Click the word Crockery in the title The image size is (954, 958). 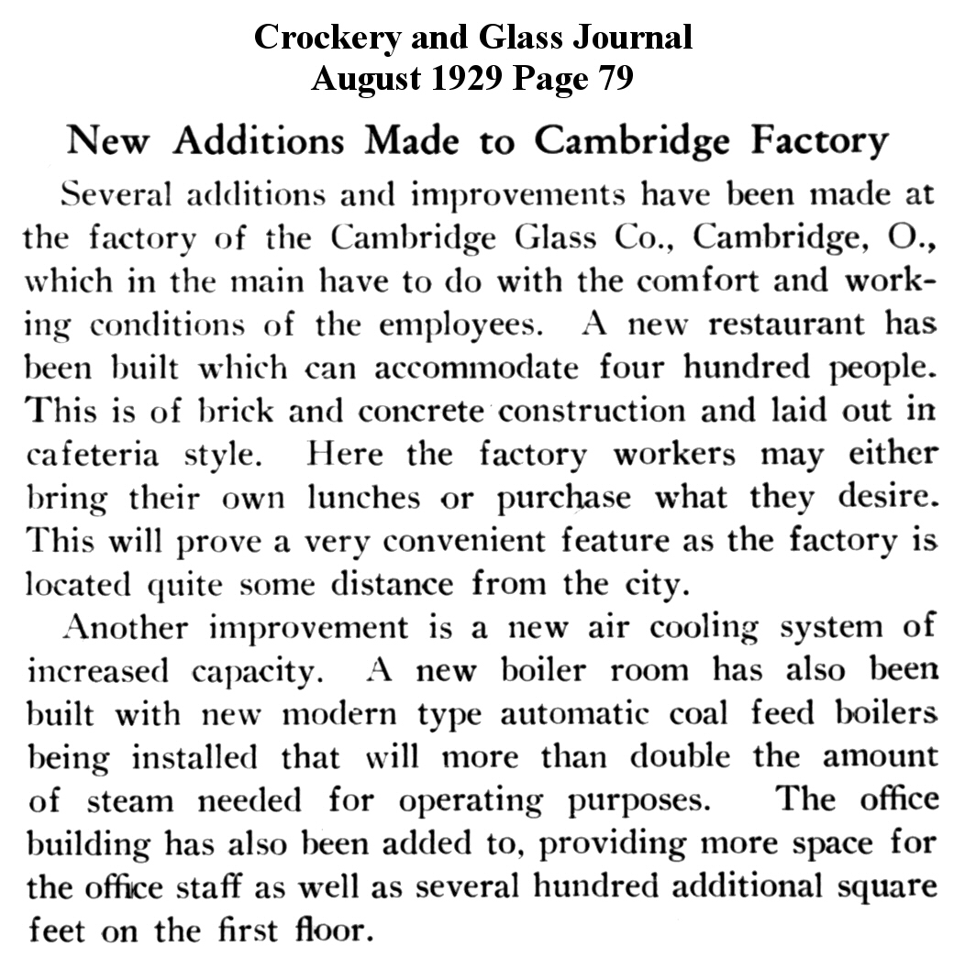pyautogui.click(x=327, y=38)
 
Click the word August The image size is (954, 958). pyautogui.click(x=359, y=79)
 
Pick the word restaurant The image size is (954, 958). pyautogui.click(x=791, y=324)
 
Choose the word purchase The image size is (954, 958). pyautogui.click(x=564, y=498)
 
